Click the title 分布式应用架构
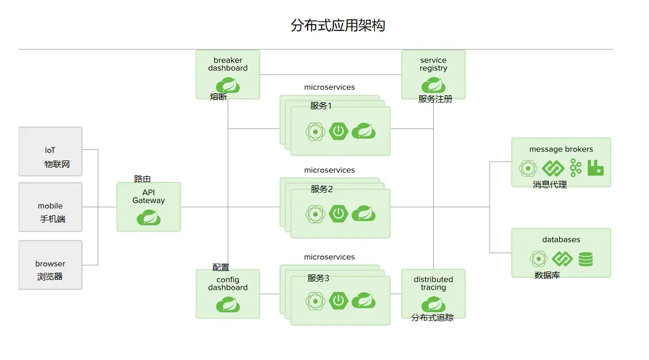click(337, 25)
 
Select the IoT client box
click(50, 151)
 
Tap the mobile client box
click(50, 207)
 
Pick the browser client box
click(50, 265)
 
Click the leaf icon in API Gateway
click(149, 217)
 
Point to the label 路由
click(143, 179)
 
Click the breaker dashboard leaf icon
click(228, 85)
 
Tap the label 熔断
click(219, 97)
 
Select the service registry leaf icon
click(433, 85)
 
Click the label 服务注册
click(435, 99)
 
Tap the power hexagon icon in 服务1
click(338, 132)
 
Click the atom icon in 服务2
click(315, 214)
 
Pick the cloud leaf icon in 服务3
click(363, 301)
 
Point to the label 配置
click(221, 268)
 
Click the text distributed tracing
click(433, 283)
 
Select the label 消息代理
click(550, 184)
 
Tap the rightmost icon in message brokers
click(595, 167)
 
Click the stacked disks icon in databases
click(586, 259)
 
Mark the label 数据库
click(547, 275)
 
